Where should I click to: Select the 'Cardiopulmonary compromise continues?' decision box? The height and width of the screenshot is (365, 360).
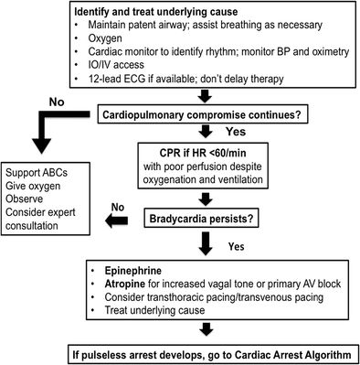point(214,114)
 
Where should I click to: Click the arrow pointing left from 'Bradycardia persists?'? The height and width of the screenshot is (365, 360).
point(119,220)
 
